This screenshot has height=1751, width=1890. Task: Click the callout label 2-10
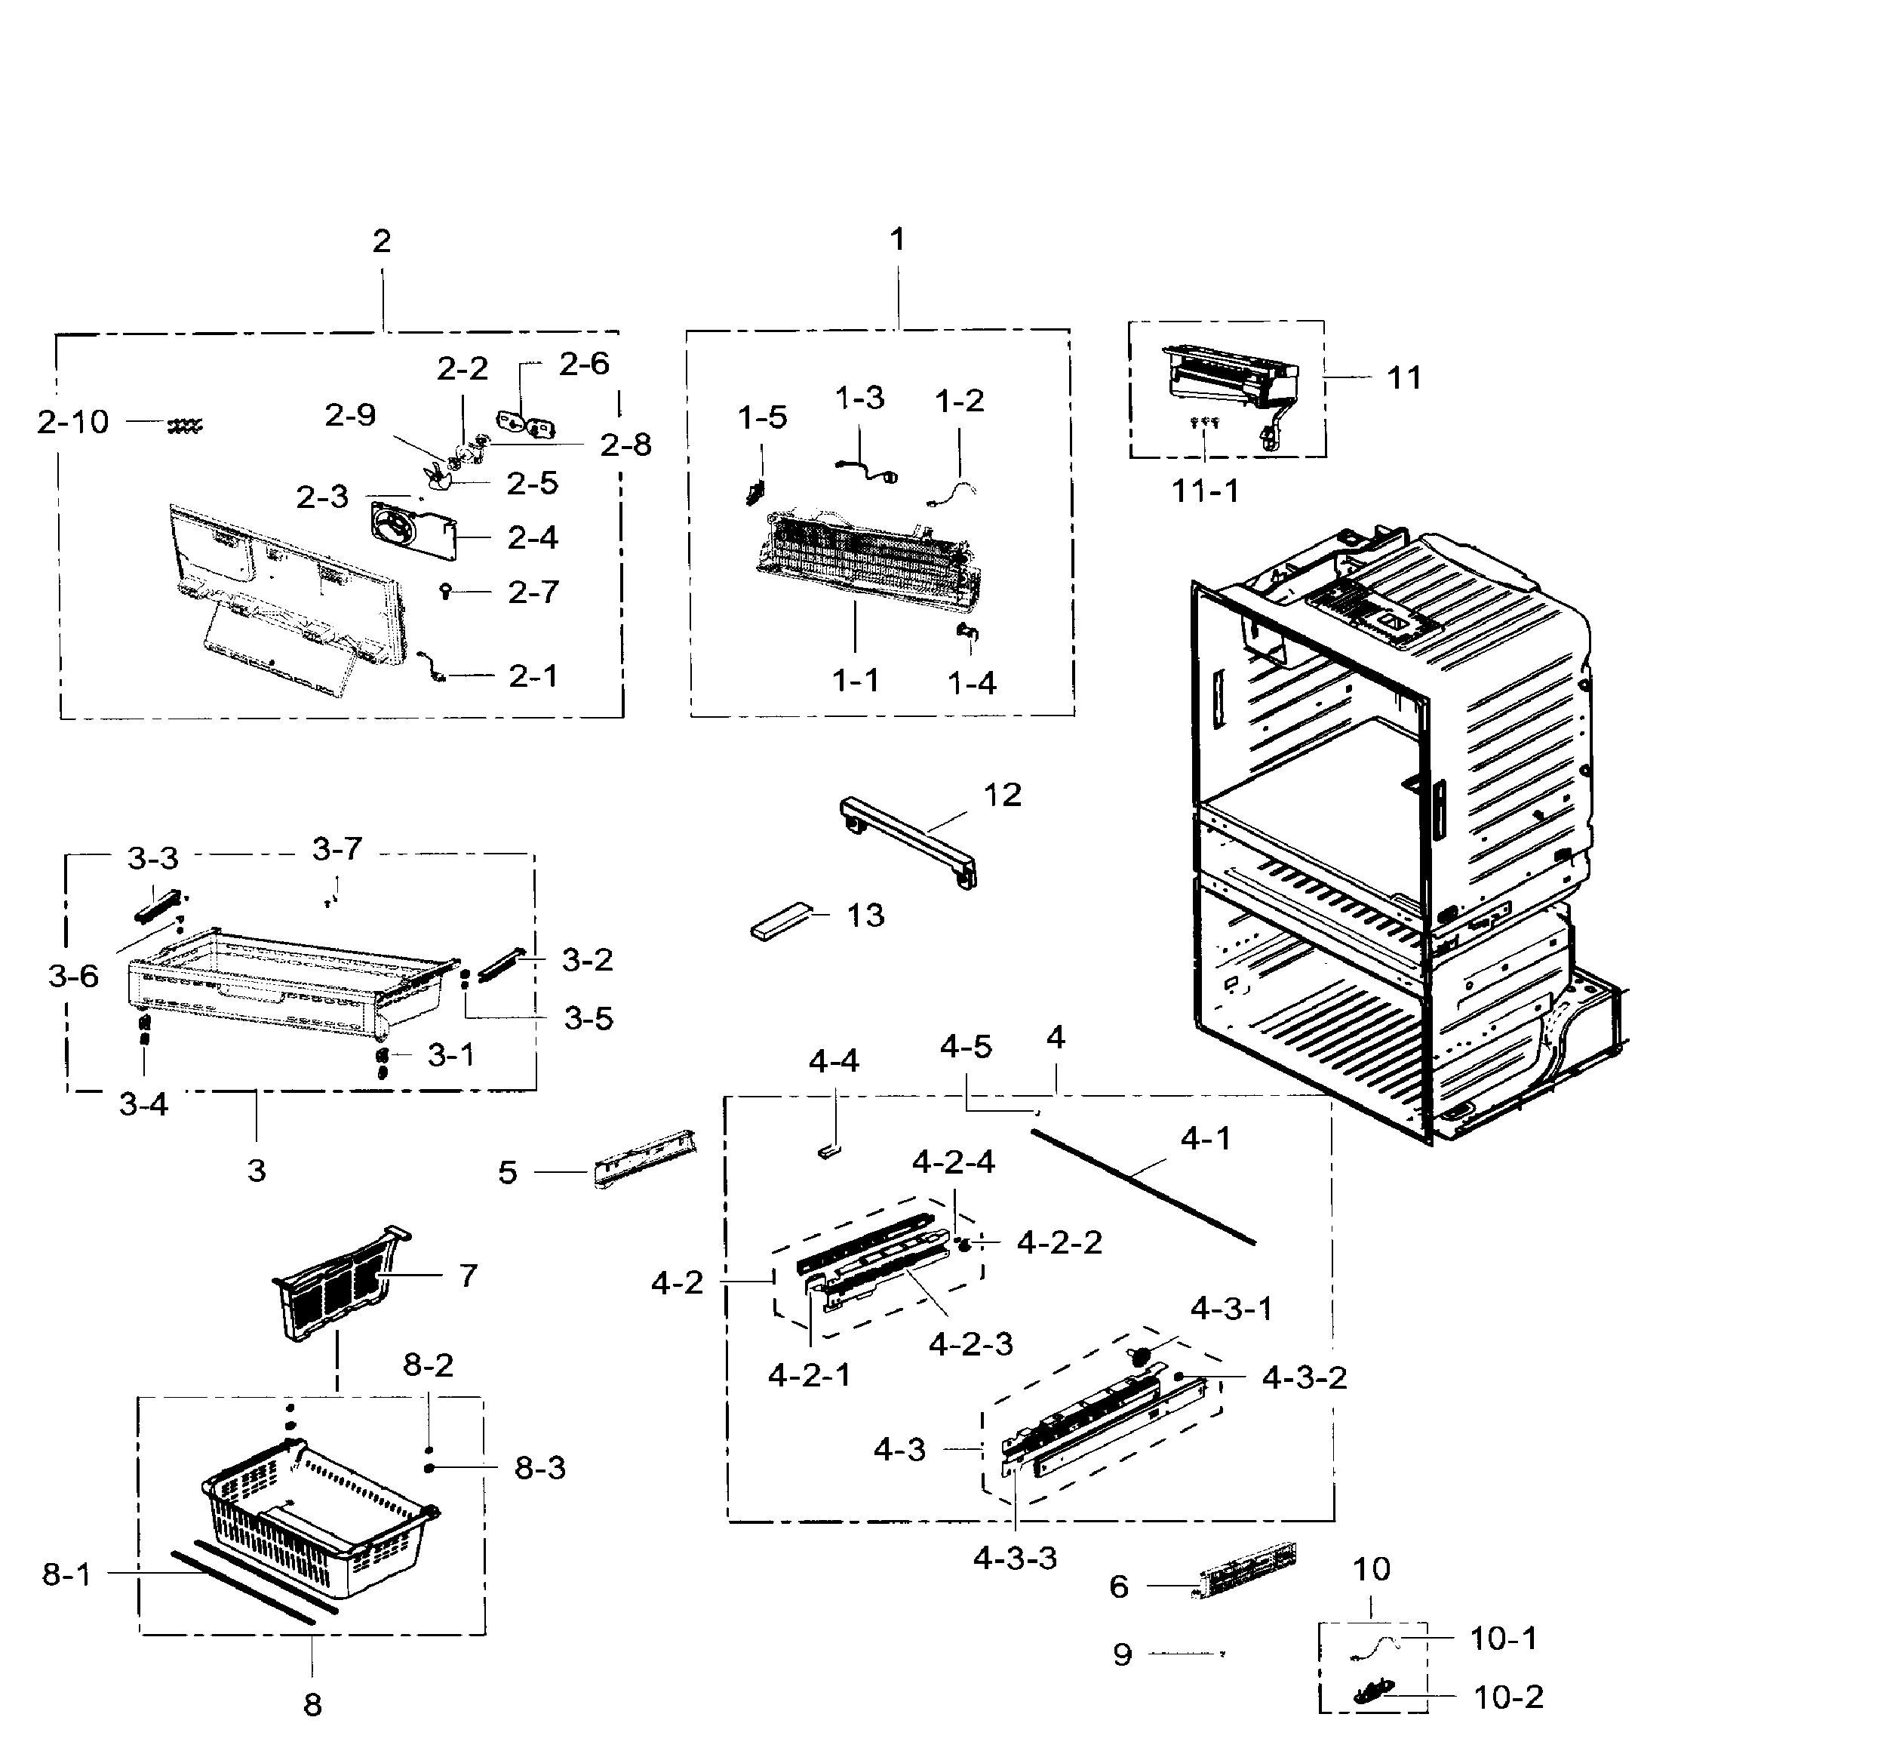coord(73,423)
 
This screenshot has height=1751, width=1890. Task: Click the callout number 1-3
coord(859,398)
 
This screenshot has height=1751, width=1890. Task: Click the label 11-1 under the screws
coord(1204,491)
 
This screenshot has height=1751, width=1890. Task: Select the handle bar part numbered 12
coord(909,839)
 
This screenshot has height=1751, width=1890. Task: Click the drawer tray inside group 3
coord(284,980)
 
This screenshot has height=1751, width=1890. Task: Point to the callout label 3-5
coord(589,1019)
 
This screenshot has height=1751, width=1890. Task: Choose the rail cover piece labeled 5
coord(644,1157)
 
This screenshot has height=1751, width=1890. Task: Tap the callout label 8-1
coord(66,1574)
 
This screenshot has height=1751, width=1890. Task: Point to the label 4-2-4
coord(953,1162)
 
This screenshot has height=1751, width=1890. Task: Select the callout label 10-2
coord(1508,1696)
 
